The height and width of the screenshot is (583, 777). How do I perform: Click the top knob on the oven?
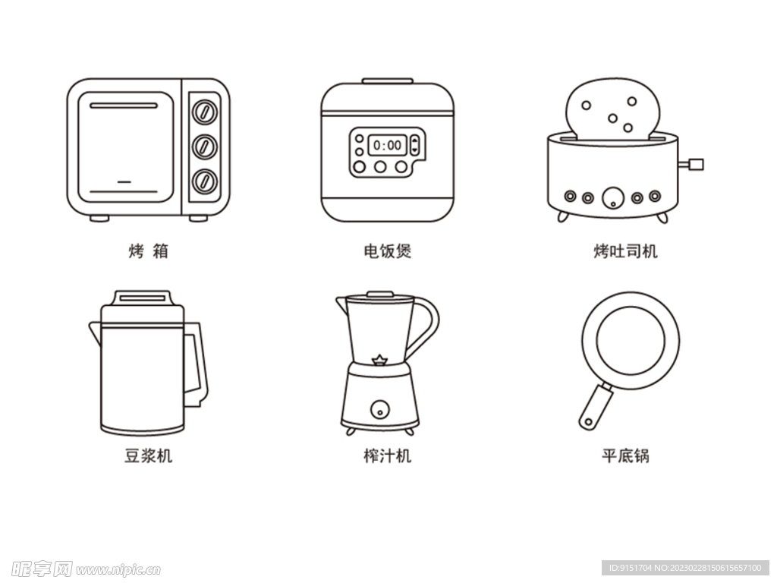pos(205,112)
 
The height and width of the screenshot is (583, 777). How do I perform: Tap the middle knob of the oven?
pos(205,147)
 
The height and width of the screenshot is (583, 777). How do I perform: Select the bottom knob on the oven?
pos(205,181)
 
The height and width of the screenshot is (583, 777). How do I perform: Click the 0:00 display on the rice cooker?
pos(388,145)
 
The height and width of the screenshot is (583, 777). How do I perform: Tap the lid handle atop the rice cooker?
pos(388,80)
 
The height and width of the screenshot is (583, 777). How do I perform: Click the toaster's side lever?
pos(691,164)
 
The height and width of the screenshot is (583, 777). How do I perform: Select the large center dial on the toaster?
pos(613,198)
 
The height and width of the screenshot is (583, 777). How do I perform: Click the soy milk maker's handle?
pos(197,364)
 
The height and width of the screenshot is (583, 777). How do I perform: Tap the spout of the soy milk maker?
pos(95,332)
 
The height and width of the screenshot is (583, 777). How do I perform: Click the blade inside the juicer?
pos(379,360)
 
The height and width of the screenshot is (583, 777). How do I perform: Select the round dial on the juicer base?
pos(380,409)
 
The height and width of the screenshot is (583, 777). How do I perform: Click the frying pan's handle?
pos(596,407)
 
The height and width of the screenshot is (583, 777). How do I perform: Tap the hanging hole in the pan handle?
pos(588,422)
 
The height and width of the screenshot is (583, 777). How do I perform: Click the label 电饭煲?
pos(388,251)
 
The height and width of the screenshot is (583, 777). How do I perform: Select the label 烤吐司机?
pos(625,251)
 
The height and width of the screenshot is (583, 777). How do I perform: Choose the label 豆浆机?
pos(148,455)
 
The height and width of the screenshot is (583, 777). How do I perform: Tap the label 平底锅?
pos(625,455)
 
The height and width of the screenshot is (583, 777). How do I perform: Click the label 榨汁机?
pos(388,455)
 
